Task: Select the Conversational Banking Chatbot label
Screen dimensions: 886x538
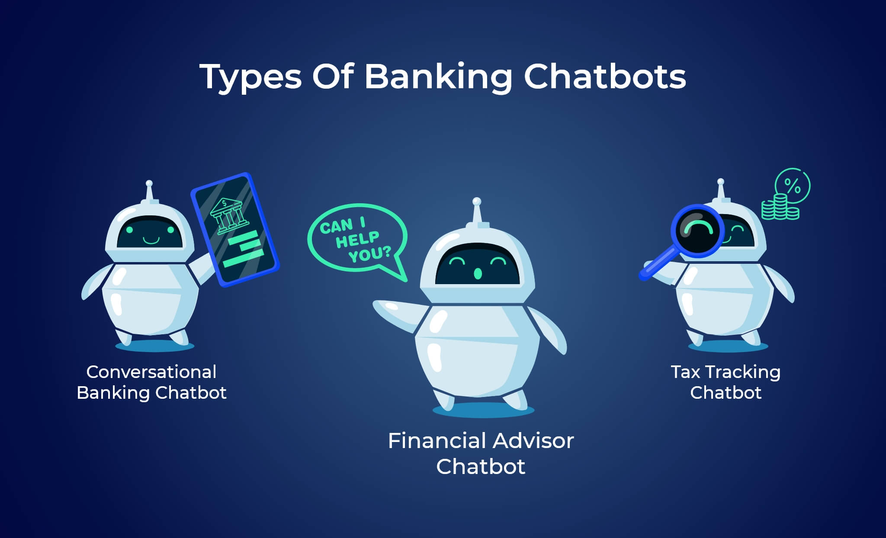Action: click(151, 382)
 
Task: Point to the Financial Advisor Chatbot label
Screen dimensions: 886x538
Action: click(481, 453)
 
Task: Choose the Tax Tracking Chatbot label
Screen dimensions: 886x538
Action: click(725, 382)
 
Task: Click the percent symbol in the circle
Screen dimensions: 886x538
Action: click(793, 186)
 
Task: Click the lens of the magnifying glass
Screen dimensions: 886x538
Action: click(697, 231)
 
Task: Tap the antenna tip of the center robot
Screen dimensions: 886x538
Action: click(477, 202)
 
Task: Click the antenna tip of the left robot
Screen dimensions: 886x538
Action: click(149, 183)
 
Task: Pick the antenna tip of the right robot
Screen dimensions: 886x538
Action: click(720, 182)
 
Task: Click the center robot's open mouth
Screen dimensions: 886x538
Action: click(478, 273)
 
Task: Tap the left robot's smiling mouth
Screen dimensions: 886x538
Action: click(151, 240)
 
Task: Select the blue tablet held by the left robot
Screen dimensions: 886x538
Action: click(235, 230)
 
